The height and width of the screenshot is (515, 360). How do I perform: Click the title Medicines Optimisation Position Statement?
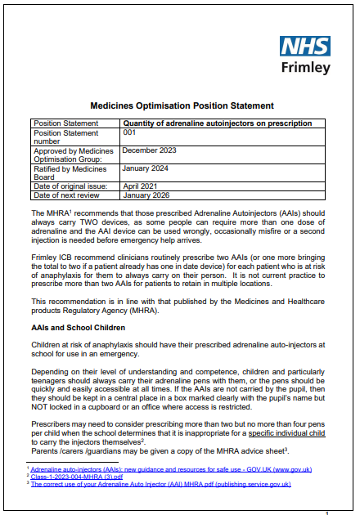click(x=181, y=106)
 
